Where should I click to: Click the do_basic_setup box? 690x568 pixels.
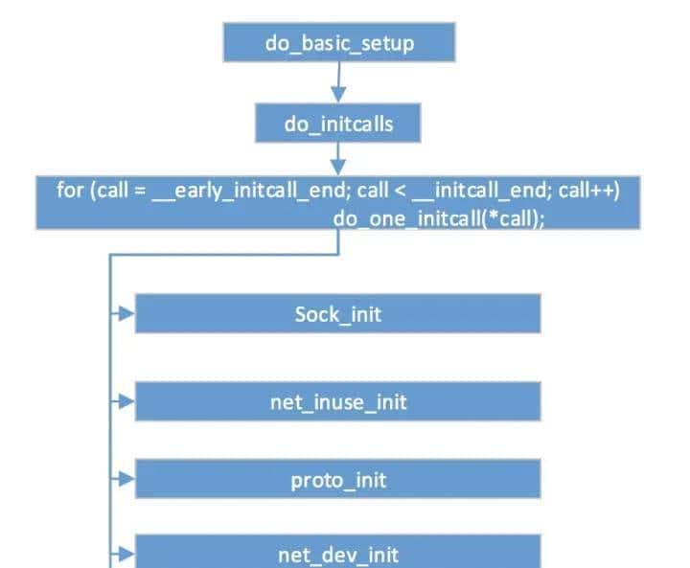[338, 42]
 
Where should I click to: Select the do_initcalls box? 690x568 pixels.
[338, 124]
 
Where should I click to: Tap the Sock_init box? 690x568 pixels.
[337, 313]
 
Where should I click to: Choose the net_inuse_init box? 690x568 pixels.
[337, 401]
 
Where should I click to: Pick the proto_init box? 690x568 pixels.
[337, 478]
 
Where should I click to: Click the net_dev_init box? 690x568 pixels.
[337, 554]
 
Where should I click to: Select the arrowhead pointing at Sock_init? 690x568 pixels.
[126, 313]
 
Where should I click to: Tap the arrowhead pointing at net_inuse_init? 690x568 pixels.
[126, 401]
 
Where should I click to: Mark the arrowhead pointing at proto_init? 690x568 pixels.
[126, 478]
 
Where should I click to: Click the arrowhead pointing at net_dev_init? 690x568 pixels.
[126, 554]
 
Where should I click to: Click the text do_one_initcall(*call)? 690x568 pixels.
[439, 216]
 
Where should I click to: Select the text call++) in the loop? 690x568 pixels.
[588, 190]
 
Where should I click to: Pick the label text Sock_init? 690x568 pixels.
[337, 314]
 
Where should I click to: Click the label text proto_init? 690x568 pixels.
[337, 479]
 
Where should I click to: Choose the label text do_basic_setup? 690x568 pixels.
[338, 43]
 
